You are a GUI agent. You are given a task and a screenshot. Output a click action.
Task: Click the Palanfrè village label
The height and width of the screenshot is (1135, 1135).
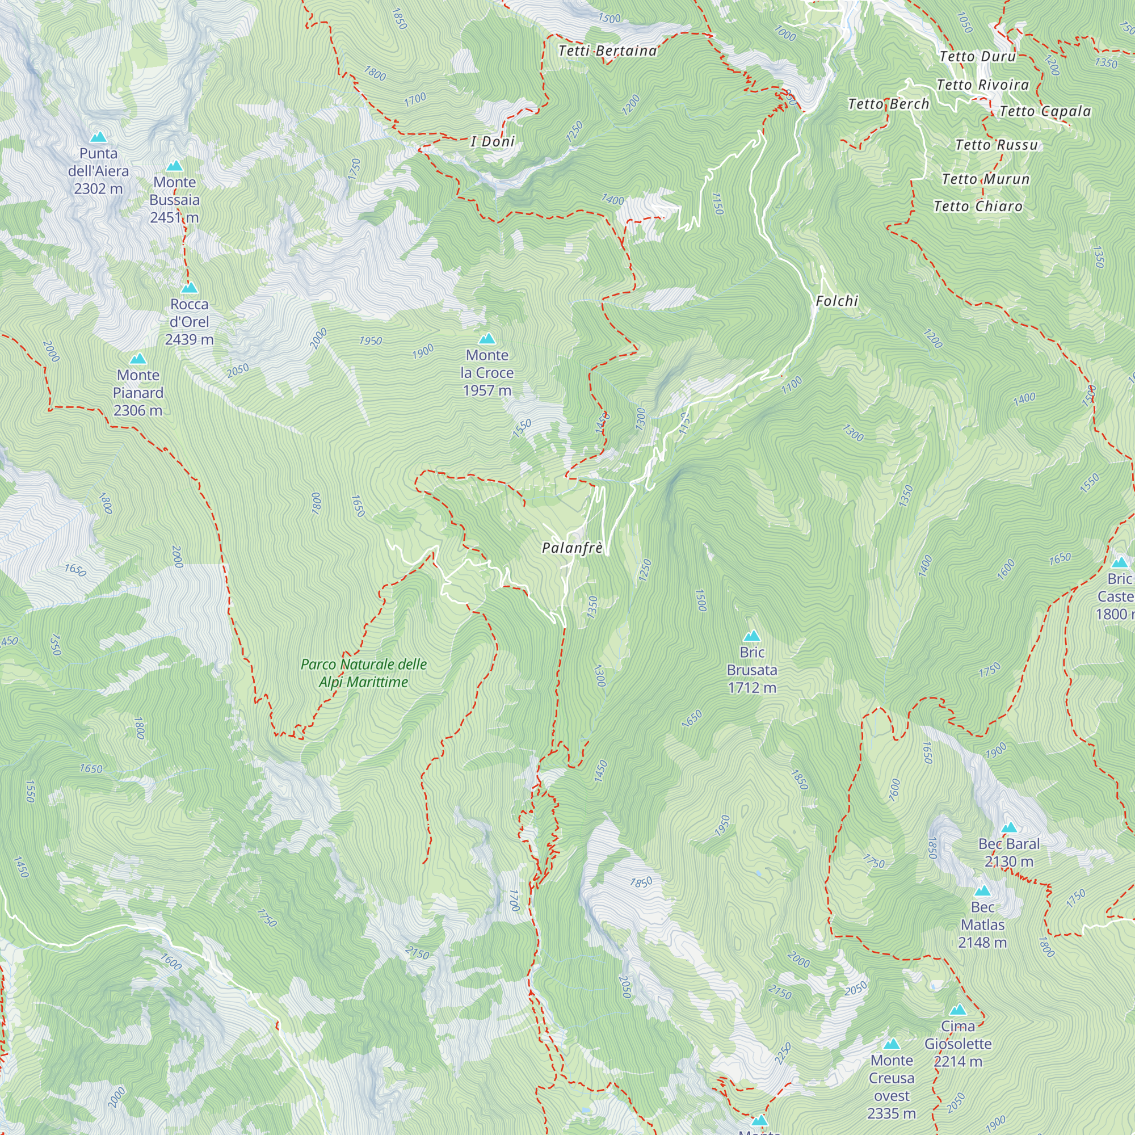tap(571, 548)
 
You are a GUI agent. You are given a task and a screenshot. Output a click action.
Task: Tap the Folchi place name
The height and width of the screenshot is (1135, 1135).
tap(836, 301)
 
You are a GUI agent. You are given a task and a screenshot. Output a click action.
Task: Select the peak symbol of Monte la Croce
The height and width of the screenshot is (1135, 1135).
tap(487, 338)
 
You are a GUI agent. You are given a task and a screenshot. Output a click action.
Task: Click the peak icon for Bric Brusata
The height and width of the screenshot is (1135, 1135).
tap(752, 636)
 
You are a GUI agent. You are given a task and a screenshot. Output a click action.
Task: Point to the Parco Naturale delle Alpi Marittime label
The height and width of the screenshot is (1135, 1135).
tap(363, 672)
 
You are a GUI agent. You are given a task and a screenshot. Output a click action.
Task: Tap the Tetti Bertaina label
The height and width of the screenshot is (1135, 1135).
tap(607, 51)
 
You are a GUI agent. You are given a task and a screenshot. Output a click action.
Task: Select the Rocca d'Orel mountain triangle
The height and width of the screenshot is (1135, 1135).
tap(189, 288)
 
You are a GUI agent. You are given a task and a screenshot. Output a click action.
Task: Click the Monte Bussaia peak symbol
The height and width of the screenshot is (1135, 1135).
tap(174, 166)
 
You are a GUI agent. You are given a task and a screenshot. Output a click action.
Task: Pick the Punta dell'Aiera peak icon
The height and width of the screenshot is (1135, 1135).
tap(98, 137)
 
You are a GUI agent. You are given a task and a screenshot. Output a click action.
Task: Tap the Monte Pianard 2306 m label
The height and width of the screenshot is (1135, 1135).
tap(138, 393)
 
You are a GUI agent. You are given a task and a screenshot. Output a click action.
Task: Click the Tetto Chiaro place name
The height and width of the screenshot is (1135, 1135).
tap(978, 207)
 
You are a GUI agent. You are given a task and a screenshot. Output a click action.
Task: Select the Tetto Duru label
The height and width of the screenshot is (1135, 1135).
tap(978, 57)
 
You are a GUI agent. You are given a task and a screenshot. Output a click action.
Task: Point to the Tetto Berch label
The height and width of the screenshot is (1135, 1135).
tap(888, 104)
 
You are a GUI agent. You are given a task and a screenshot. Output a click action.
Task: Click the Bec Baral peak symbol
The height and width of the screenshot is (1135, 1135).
tap(1008, 828)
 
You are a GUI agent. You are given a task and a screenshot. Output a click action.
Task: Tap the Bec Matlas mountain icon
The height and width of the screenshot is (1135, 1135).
tap(982, 890)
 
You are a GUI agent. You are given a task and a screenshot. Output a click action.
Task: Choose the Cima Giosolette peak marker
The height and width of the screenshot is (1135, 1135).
tap(958, 1010)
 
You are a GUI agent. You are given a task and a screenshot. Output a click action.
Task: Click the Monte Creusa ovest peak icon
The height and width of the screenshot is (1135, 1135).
tap(892, 1044)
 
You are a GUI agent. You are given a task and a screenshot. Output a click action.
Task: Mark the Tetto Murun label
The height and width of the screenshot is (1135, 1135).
tap(985, 179)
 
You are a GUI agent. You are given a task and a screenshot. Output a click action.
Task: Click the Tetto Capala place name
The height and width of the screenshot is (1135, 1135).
tap(1045, 112)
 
